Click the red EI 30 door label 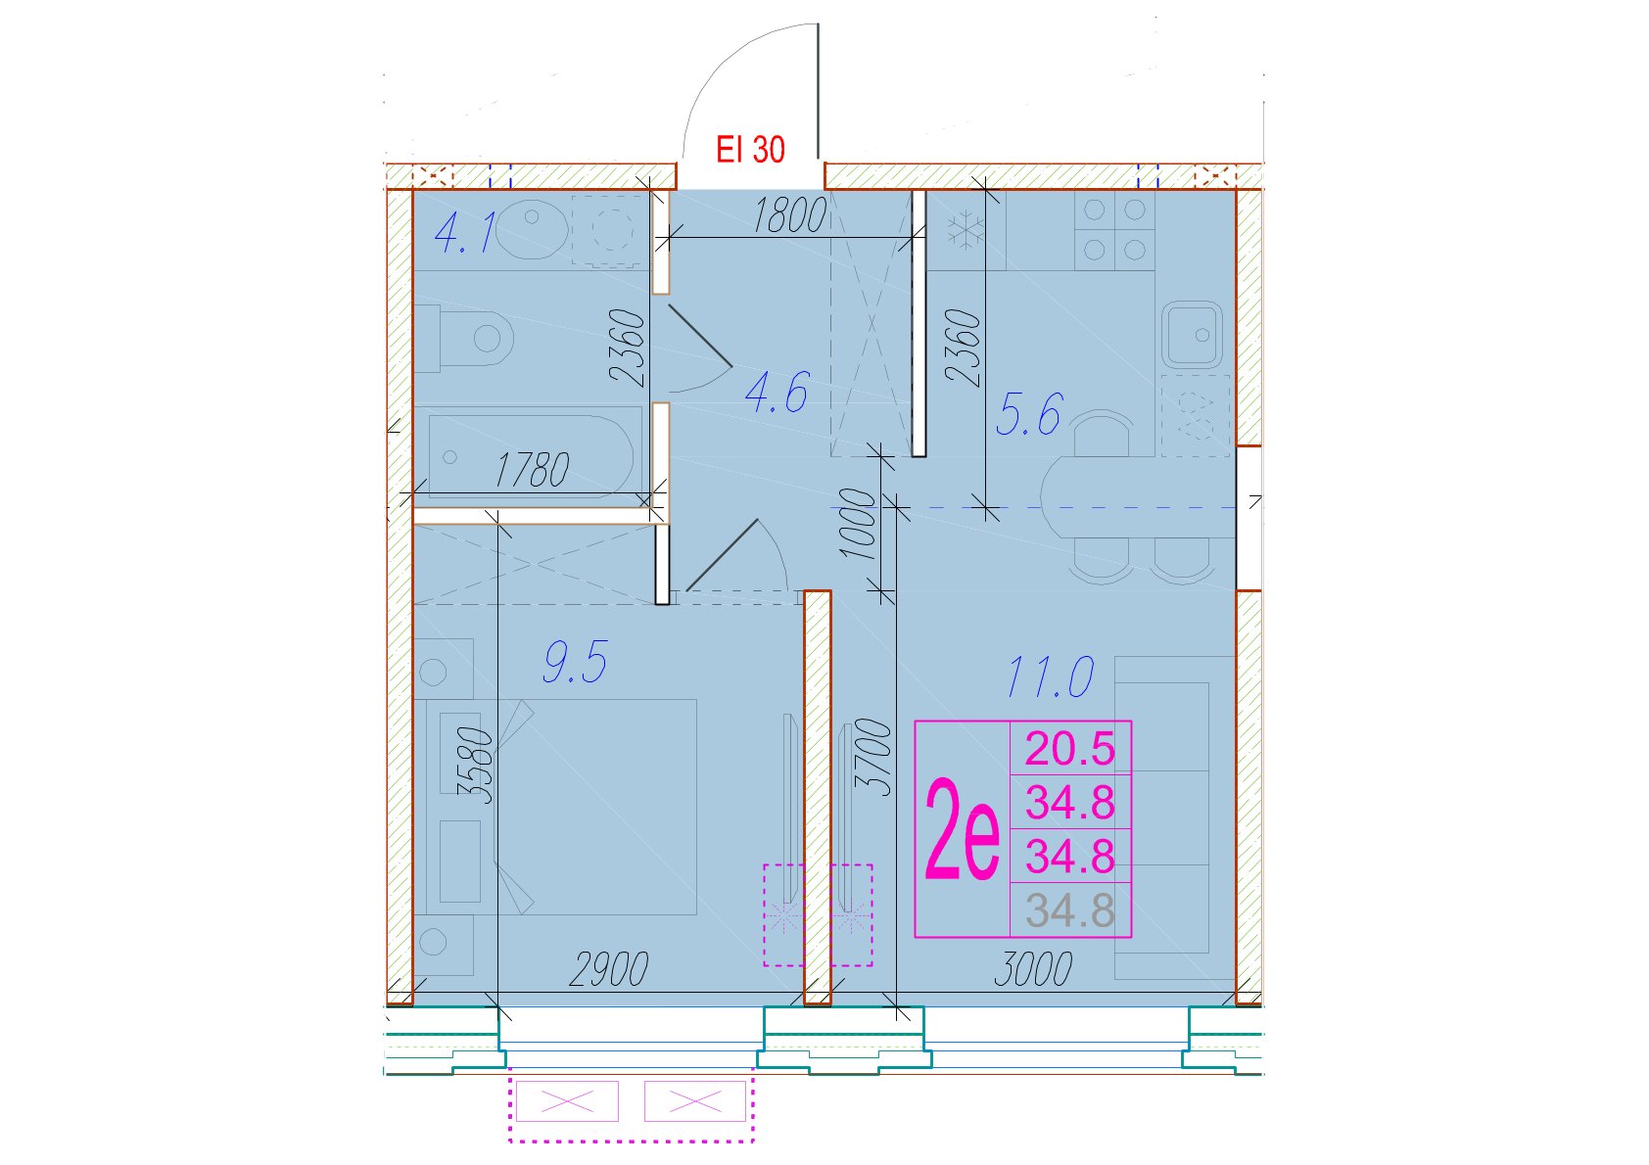(x=750, y=150)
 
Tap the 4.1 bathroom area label (x=464, y=232)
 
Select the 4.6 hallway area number (x=777, y=393)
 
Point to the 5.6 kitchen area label (x=1028, y=414)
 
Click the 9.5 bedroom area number (x=575, y=662)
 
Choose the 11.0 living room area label (x=1050, y=677)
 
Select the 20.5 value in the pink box (x=1070, y=749)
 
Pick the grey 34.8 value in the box (x=1070, y=910)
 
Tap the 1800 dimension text (x=789, y=216)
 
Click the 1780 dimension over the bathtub (x=533, y=470)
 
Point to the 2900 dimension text (x=609, y=969)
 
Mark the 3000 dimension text (x=1034, y=969)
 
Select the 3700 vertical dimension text (x=873, y=758)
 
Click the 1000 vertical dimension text (x=859, y=524)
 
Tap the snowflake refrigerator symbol (x=961, y=230)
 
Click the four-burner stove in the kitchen (x=1114, y=230)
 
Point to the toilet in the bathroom (x=464, y=338)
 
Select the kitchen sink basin (x=1192, y=335)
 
